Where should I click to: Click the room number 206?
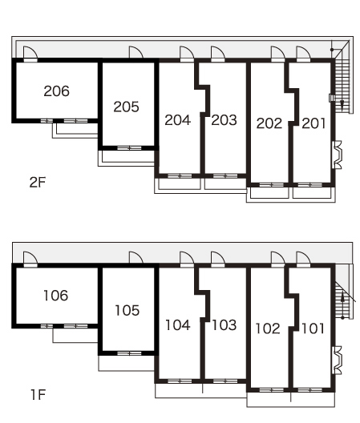point(56,91)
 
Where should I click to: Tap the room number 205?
point(126,107)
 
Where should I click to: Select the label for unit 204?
point(178,120)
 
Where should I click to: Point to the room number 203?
point(224,120)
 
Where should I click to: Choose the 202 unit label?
point(269,123)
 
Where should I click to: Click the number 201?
point(313,123)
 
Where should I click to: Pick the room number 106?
point(55,296)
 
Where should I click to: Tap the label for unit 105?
point(127,310)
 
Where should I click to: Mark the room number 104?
point(178,325)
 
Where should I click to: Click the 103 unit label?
point(224,325)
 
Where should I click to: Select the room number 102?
point(268,328)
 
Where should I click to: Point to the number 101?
point(313,328)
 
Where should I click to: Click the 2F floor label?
point(38,183)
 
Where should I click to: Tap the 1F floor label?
point(38,395)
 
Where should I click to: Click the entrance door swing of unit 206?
point(30,52)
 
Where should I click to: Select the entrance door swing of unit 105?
point(136,257)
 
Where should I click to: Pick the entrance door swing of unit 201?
point(303,52)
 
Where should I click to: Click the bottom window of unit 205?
point(129,148)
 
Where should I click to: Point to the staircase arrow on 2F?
point(342,104)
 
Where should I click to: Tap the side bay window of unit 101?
point(337,361)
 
